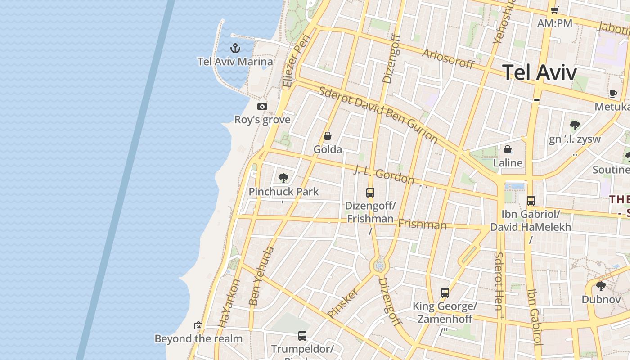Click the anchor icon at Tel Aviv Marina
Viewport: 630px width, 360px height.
235,48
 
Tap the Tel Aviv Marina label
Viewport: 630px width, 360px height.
235,62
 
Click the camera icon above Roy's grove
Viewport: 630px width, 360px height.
262,107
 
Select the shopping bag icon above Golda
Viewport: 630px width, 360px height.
328,136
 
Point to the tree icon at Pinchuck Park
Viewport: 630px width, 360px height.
283,178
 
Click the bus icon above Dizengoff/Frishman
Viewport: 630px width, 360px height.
370,193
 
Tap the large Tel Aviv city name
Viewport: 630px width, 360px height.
539,72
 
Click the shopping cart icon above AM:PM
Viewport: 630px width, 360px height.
555,10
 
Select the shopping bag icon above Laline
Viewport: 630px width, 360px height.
508,149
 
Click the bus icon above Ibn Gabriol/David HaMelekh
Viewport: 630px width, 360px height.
531,201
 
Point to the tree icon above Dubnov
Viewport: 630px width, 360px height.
601,286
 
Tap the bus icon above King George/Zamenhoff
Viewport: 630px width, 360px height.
445,293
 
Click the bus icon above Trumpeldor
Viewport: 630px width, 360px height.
302,335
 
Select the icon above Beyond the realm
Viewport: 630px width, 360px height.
198,325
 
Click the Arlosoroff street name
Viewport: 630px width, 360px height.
448,59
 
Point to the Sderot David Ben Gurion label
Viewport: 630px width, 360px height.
378,114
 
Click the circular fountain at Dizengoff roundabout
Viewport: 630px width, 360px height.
379,266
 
